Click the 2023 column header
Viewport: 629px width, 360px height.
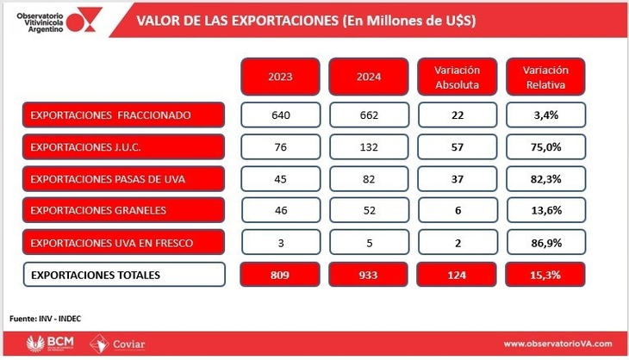tap(281, 77)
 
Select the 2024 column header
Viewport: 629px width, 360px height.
tap(369, 77)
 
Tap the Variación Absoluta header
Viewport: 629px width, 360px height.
tap(457, 77)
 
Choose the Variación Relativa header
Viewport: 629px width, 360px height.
tap(545, 77)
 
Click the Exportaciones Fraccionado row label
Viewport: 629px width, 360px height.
tap(124, 115)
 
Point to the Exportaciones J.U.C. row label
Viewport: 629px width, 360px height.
tap(124, 146)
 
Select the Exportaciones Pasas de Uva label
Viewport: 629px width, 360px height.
tap(124, 178)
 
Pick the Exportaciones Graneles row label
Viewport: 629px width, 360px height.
tap(124, 210)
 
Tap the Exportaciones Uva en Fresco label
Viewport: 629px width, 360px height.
tap(124, 242)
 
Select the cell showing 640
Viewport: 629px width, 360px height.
tap(281, 115)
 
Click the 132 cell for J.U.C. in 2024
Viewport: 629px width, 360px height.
tap(369, 146)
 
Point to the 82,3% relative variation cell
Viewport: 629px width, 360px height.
tap(545, 178)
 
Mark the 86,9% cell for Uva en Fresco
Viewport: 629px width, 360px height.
tap(545, 242)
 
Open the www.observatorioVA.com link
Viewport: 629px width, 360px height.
tap(558, 344)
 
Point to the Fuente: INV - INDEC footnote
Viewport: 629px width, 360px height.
tap(46, 318)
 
